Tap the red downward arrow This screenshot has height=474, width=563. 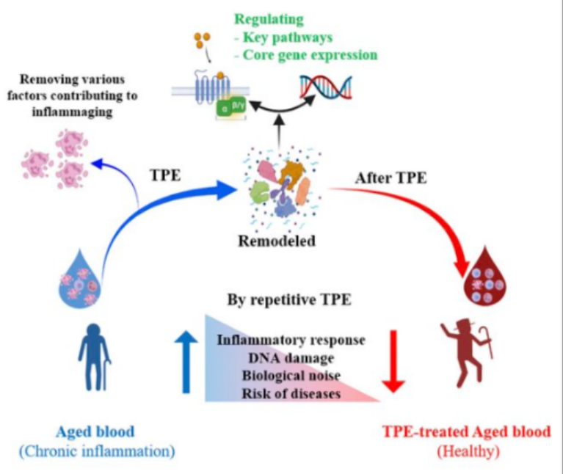[x=395, y=360]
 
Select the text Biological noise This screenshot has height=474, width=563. [x=291, y=376]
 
